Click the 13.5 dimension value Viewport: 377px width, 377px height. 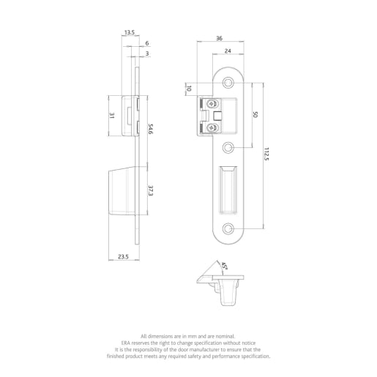[129, 32]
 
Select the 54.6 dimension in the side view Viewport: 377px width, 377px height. [151, 129]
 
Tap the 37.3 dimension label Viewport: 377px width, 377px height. [151, 190]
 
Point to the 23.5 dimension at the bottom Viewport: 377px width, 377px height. [123, 257]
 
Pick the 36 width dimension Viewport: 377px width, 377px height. [219, 39]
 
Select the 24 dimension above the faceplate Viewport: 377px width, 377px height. [228, 51]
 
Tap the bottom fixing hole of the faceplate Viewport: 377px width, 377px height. [228, 228]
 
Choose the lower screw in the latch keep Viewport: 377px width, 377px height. [212, 129]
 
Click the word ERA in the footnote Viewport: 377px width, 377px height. [126, 342]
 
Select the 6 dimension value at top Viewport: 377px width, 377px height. [146, 44]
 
